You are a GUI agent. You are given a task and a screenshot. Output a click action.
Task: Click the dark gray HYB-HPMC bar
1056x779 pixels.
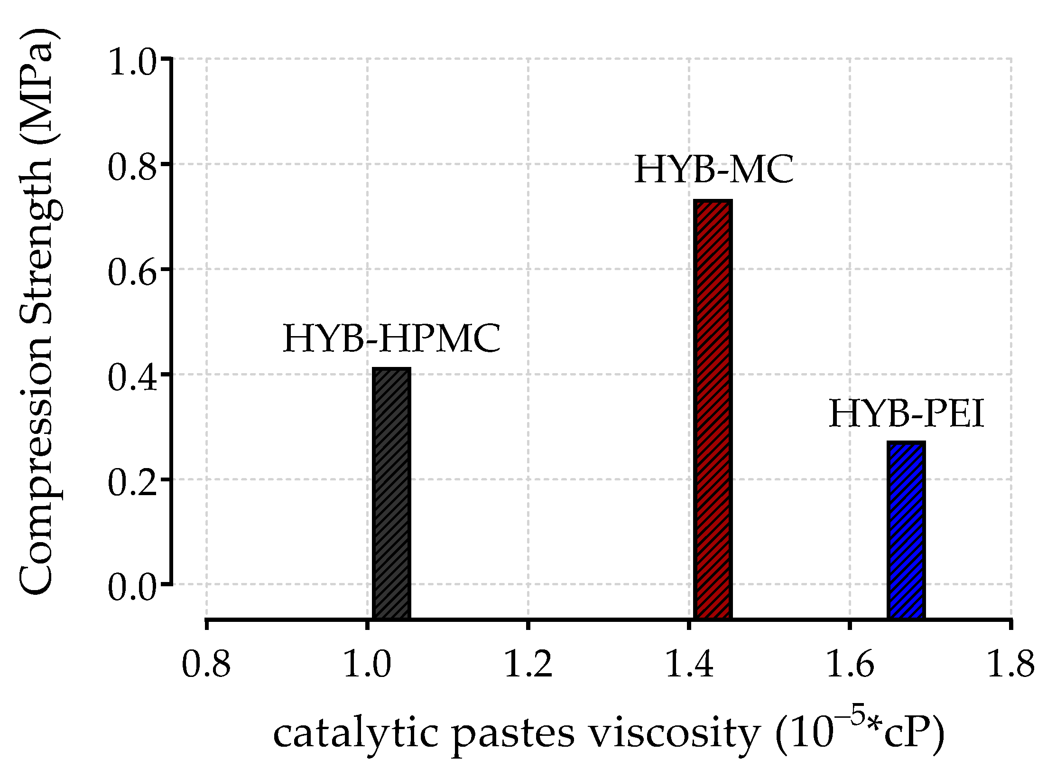click(x=391, y=494)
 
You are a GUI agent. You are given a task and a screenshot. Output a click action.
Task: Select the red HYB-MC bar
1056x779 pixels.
click(x=713, y=408)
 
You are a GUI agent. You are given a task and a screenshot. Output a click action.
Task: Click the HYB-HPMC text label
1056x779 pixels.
click(x=391, y=339)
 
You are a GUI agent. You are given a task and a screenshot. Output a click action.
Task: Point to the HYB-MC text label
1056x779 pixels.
click(x=713, y=169)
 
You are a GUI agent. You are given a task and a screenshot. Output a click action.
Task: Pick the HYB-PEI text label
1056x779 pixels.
click(x=906, y=414)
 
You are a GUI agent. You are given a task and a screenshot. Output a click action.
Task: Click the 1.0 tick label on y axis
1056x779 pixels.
click(x=132, y=62)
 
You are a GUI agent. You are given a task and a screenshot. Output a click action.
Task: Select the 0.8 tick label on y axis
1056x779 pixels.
click(x=132, y=167)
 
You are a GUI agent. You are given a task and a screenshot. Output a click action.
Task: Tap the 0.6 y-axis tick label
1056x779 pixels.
click(x=132, y=272)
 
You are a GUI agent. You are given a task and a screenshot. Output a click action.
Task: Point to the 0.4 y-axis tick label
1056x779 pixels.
click(x=132, y=377)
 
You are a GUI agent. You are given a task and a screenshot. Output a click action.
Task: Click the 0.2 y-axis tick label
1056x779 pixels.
click(x=132, y=482)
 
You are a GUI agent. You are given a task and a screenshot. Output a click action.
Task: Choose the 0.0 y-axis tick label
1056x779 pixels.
click(x=132, y=588)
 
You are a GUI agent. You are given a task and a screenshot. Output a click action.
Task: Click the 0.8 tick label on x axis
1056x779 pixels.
click(x=206, y=664)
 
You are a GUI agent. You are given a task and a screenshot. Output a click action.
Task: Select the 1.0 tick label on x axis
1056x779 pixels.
click(x=367, y=664)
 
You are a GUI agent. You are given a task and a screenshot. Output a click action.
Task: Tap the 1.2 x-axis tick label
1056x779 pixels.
click(x=528, y=664)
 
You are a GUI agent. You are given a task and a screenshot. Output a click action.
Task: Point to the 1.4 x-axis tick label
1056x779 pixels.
click(x=689, y=664)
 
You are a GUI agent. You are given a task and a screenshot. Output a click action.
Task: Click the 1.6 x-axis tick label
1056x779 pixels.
click(x=850, y=664)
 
